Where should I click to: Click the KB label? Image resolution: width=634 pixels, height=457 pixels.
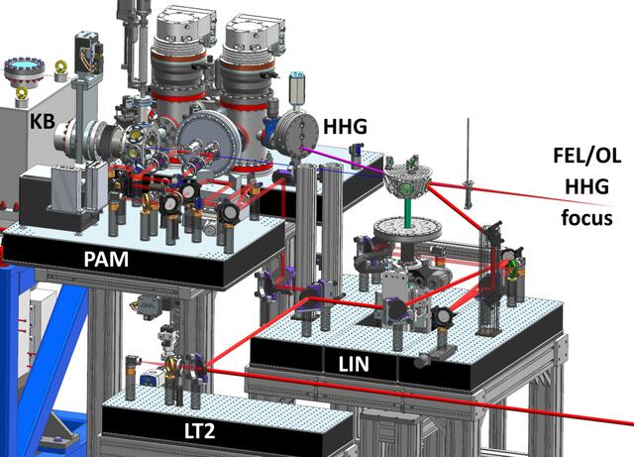click(43, 121)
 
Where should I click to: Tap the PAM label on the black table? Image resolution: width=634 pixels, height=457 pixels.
click(106, 259)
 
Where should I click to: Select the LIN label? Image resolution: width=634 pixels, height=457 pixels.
click(354, 365)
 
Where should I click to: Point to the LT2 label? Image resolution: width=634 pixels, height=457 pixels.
click(200, 431)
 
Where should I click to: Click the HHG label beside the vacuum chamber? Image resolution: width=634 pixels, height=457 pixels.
click(346, 127)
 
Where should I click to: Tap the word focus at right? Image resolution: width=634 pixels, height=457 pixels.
click(586, 218)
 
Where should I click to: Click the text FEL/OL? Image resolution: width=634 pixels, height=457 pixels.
click(587, 156)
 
